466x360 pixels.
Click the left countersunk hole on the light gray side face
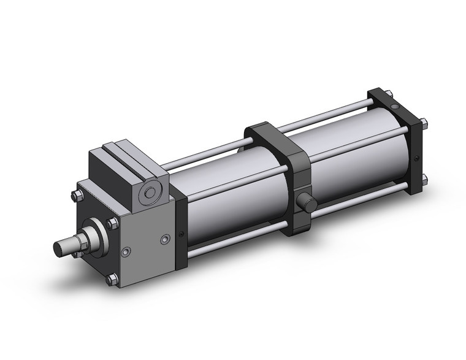126,251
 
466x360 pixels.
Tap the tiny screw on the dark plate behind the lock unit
181,232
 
